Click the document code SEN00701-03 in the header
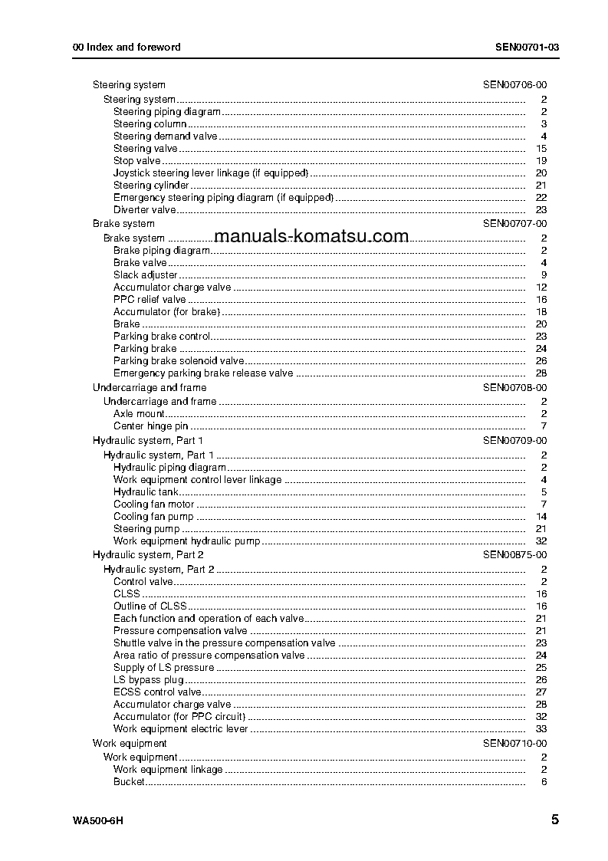coord(527,47)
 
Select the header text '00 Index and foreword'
coord(127,47)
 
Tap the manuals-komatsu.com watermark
coord(311,236)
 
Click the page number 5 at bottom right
coord(554,820)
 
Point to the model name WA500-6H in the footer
coord(98,821)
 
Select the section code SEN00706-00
coord(514,85)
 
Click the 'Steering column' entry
coord(150,124)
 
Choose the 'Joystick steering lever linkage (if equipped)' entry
coord(211,173)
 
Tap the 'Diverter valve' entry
coord(145,210)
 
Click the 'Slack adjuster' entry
coord(146,275)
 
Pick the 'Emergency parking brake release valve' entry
coord(203,373)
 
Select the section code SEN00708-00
coord(514,388)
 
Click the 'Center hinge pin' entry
coord(151,426)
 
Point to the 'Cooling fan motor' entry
coord(153,504)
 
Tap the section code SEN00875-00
coord(514,554)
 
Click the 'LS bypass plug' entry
coord(149,680)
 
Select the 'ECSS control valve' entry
coord(157,692)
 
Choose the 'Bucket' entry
coord(129,782)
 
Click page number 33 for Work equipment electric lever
coord(541,729)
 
